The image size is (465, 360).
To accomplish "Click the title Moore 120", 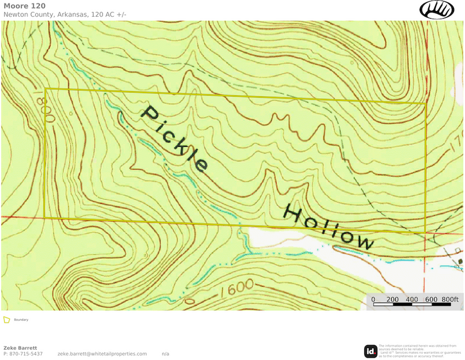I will point(24,6).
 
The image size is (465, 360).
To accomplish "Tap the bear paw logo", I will point(437,9).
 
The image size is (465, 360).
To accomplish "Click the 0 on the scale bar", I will point(373,299).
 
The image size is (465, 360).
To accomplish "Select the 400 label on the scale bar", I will point(412,299).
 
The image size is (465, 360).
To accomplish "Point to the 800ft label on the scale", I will point(450,299).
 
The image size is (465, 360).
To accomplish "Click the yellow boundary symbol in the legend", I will point(7,320).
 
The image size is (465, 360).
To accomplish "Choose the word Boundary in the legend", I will point(21,320).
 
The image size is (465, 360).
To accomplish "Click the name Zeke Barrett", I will point(20,348).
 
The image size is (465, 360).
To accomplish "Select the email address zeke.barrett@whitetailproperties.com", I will point(102,354).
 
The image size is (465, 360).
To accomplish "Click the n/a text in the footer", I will point(165,354).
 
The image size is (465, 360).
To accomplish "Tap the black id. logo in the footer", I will point(371,351).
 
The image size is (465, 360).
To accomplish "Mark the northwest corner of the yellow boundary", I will point(45,89).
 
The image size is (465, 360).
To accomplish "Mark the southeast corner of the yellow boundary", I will point(425,232).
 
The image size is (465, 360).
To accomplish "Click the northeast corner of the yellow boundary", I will point(425,103).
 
